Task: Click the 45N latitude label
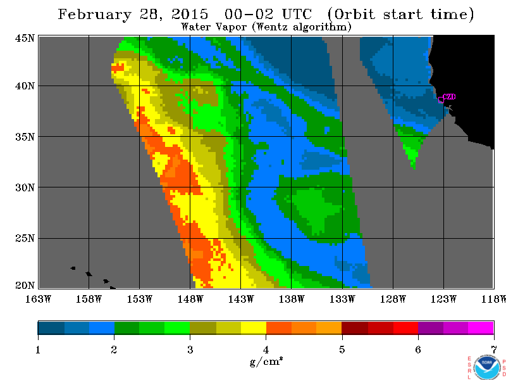click(25, 38)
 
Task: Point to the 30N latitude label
click(25, 187)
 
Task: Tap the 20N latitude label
click(25, 286)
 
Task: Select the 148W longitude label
click(190, 299)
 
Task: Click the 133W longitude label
click(342, 299)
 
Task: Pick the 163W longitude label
click(38, 299)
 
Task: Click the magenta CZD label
click(449, 97)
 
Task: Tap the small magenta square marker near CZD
click(441, 100)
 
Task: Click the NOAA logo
click(487, 367)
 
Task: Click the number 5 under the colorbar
click(342, 350)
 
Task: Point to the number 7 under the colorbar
click(494, 350)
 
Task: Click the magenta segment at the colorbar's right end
click(481, 327)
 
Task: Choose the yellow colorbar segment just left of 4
click(254, 327)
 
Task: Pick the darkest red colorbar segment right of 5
click(355, 327)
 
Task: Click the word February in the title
click(95, 15)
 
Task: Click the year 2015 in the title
click(190, 14)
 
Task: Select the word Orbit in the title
click(354, 15)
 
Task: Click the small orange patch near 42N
click(118, 68)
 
